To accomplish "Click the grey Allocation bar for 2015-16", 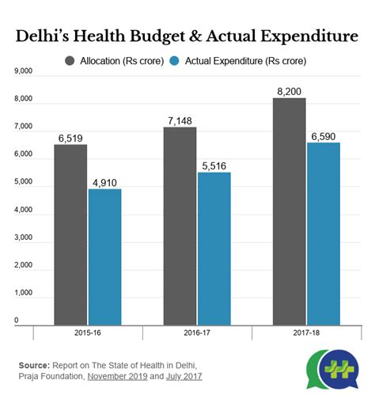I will [x=71, y=234].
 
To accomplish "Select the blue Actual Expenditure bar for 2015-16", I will [x=104, y=256].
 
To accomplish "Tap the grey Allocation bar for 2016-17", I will [x=180, y=226].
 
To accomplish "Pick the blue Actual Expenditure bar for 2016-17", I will [x=214, y=249].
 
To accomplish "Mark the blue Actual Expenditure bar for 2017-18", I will [x=323, y=234].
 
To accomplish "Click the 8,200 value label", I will [x=290, y=91].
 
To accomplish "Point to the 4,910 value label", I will [x=104, y=181].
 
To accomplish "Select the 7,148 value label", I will [x=180, y=120].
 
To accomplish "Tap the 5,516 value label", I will [x=214, y=165].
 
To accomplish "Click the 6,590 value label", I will [x=323, y=136].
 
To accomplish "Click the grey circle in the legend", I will [x=70, y=60].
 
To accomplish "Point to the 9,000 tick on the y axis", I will [x=23, y=71].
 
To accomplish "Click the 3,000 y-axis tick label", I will [x=23, y=237].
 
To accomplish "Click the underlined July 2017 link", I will [x=183, y=377].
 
